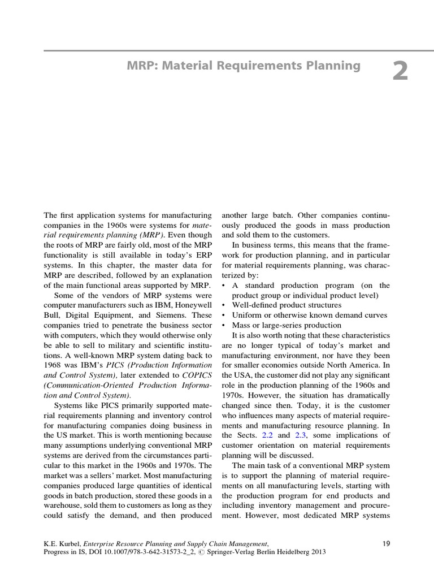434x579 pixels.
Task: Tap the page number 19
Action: [x=387, y=543]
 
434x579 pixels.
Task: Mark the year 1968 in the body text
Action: [x=54, y=365]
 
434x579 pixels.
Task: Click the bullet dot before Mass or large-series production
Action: [x=224, y=325]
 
